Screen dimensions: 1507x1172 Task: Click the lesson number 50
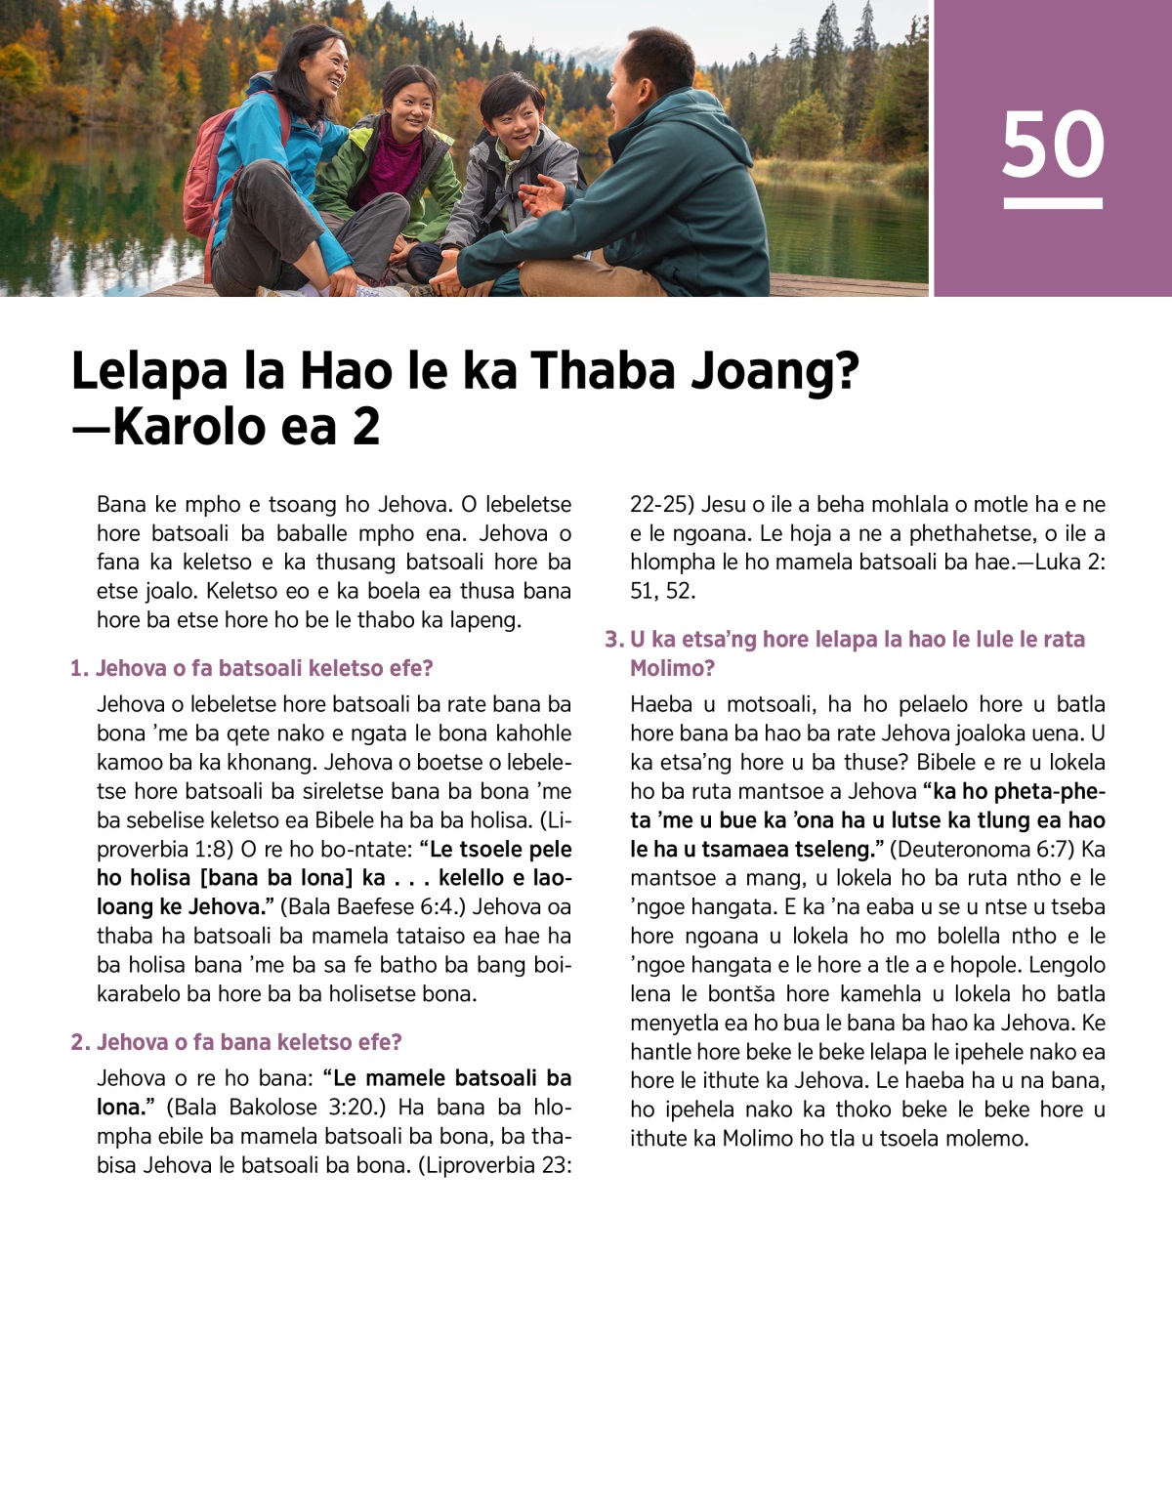point(1053,145)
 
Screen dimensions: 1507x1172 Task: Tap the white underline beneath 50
point(1053,203)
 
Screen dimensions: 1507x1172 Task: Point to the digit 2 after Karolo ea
point(366,427)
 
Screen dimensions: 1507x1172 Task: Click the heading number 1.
point(78,669)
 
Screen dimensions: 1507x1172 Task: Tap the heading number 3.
point(613,640)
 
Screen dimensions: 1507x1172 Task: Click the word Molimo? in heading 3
point(672,669)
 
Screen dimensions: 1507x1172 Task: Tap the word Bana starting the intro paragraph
point(122,505)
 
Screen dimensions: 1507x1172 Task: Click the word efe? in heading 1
point(411,669)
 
